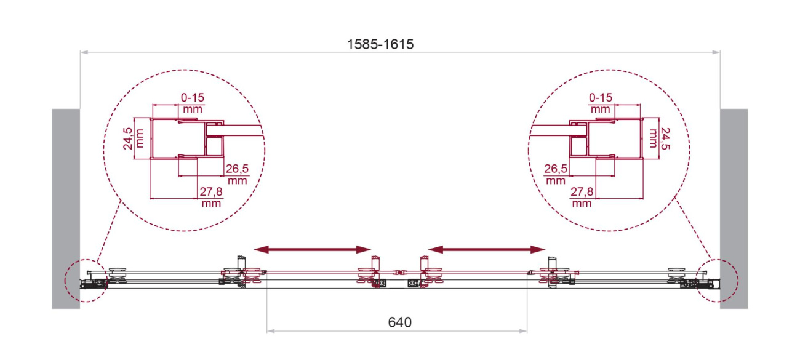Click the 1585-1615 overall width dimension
[x=380, y=44]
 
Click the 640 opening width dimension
[x=399, y=322]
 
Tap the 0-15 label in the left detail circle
[x=193, y=97]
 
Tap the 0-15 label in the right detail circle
[x=601, y=97]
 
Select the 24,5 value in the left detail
[x=128, y=138]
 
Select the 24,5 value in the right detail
[x=665, y=138]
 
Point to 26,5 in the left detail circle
[x=237, y=169]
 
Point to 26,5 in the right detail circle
[x=556, y=169]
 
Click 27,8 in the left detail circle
[x=211, y=192]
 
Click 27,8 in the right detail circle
[x=582, y=192]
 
